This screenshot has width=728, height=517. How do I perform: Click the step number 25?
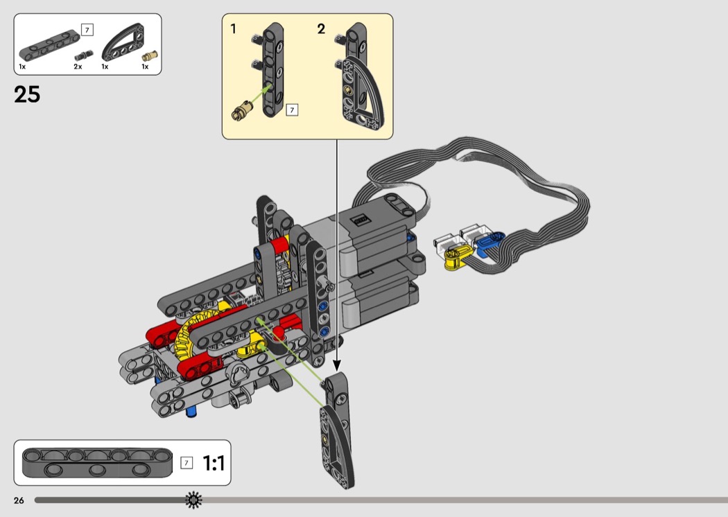pyautogui.click(x=27, y=95)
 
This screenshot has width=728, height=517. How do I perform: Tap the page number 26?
pyautogui.click(x=19, y=500)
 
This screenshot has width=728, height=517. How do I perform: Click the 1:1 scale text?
pyautogui.click(x=214, y=463)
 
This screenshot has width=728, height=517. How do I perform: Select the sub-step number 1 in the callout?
pyautogui.click(x=234, y=29)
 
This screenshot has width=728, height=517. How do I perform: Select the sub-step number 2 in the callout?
pyautogui.click(x=321, y=29)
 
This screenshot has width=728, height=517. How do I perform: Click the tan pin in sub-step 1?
pyautogui.click(x=243, y=112)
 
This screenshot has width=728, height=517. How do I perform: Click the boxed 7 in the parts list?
pyautogui.click(x=87, y=30)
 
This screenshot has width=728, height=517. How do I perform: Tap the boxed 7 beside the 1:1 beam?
pyautogui.click(x=187, y=463)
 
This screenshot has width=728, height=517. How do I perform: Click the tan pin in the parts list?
pyautogui.click(x=150, y=57)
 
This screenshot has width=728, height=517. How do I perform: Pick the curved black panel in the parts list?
pyautogui.click(x=123, y=43)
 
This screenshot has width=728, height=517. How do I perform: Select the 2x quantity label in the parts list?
pyautogui.click(x=78, y=67)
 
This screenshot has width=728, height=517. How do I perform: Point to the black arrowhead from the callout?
pyautogui.click(x=337, y=367)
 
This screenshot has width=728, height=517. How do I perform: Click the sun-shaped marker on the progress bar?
pyautogui.click(x=194, y=500)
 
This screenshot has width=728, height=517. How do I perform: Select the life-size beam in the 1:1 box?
pyautogui.click(x=97, y=462)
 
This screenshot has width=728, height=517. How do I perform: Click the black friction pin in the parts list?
pyautogui.click(x=84, y=55)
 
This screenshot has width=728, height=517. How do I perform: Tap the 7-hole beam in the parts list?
pyautogui.click(x=49, y=45)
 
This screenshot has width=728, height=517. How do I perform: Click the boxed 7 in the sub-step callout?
pyautogui.click(x=292, y=110)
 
